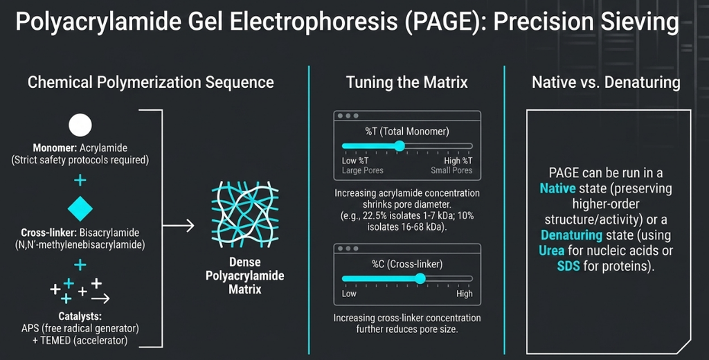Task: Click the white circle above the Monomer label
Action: pyautogui.click(x=80, y=125)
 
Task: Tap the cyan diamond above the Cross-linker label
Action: pyautogui.click(x=80, y=208)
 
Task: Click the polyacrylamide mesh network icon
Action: pyautogui.click(x=245, y=215)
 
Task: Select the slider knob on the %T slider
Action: pyautogui.click(x=400, y=145)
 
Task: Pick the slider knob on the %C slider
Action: pyautogui.click(x=420, y=278)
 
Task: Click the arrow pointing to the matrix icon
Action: pyautogui.click(x=178, y=225)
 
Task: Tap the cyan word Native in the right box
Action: pyautogui.click(x=557, y=188)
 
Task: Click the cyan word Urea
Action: pyautogui.click(x=551, y=251)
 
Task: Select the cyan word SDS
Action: pyautogui.click(x=568, y=266)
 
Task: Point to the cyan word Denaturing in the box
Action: pyautogui.click(x=571, y=235)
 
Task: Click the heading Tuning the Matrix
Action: pyautogui.click(x=407, y=82)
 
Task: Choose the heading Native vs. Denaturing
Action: pyautogui.click(x=606, y=82)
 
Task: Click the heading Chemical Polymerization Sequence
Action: pyautogui.click(x=150, y=83)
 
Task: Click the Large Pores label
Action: pyautogui.click(x=363, y=170)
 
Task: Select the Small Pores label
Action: pyautogui.click(x=451, y=170)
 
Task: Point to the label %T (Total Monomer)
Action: pyautogui.click(x=407, y=132)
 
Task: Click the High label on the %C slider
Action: pyautogui.click(x=465, y=294)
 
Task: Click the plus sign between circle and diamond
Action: pyautogui.click(x=80, y=181)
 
